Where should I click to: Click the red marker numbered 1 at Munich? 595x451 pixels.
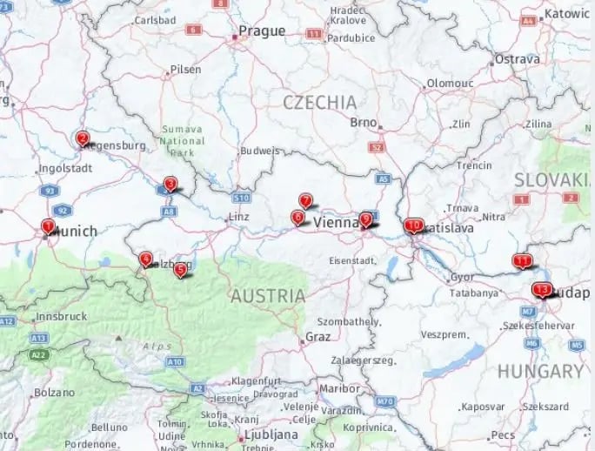click(48, 227)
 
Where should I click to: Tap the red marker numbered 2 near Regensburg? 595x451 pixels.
click(83, 138)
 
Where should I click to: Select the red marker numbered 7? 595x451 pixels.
click(305, 200)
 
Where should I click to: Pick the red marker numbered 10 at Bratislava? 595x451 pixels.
click(413, 225)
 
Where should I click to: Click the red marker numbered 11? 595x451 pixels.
click(522, 260)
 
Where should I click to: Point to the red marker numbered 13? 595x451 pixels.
click(542, 290)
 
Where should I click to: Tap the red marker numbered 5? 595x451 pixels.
click(180, 270)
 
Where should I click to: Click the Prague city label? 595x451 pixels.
click(262, 31)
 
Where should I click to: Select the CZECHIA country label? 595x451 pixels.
click(319, 102)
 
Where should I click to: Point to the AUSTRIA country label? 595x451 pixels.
click(267, 296)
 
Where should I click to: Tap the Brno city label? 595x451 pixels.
click(363, 122)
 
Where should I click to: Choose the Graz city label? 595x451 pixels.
click(318, 336)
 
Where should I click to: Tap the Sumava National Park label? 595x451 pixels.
click(183, 140)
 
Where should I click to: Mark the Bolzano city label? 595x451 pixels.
click(54, 393)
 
